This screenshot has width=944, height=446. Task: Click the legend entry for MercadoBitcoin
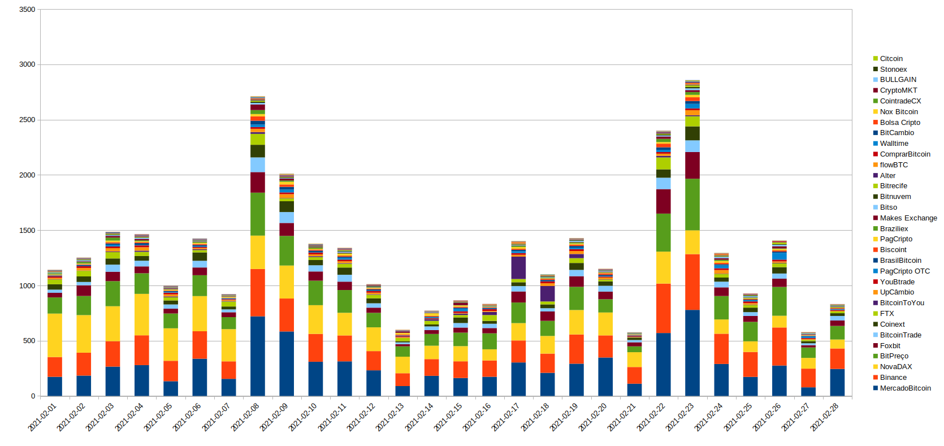(x=905, y=388)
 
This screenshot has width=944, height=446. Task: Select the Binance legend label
(x=893, y=378)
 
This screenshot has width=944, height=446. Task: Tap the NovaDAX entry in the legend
(x=895, y=367)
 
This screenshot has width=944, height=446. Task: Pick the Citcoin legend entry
(x=891, y=59)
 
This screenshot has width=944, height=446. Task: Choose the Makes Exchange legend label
(x=908, y=218)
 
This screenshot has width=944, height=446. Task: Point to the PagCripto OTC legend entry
(x=904, y=271)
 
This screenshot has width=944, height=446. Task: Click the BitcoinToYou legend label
(x=902, y=303)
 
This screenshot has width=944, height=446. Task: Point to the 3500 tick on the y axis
(x=27, y=10)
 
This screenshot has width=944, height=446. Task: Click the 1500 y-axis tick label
(x=27, y=231)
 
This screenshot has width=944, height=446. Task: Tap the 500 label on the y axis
(x=29, y=341)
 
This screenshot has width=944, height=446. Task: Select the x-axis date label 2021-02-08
(x=245, y=418)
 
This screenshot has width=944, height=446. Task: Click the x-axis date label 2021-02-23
(x=679, y=418)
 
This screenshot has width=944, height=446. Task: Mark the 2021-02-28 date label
(x=824, y=418)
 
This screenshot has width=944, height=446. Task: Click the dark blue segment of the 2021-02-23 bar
(x=692, y=353)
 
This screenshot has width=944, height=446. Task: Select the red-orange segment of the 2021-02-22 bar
(x=663, y=308)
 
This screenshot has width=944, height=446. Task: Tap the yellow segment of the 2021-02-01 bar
(x=55, y=335)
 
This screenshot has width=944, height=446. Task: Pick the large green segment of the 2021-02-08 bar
(x=258, y=214)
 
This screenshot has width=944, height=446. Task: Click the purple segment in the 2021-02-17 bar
(x=518, y=267)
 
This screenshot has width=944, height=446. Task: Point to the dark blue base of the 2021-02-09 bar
(x=287, y=363)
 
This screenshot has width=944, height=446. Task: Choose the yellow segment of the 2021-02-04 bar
(x=142, y=314)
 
